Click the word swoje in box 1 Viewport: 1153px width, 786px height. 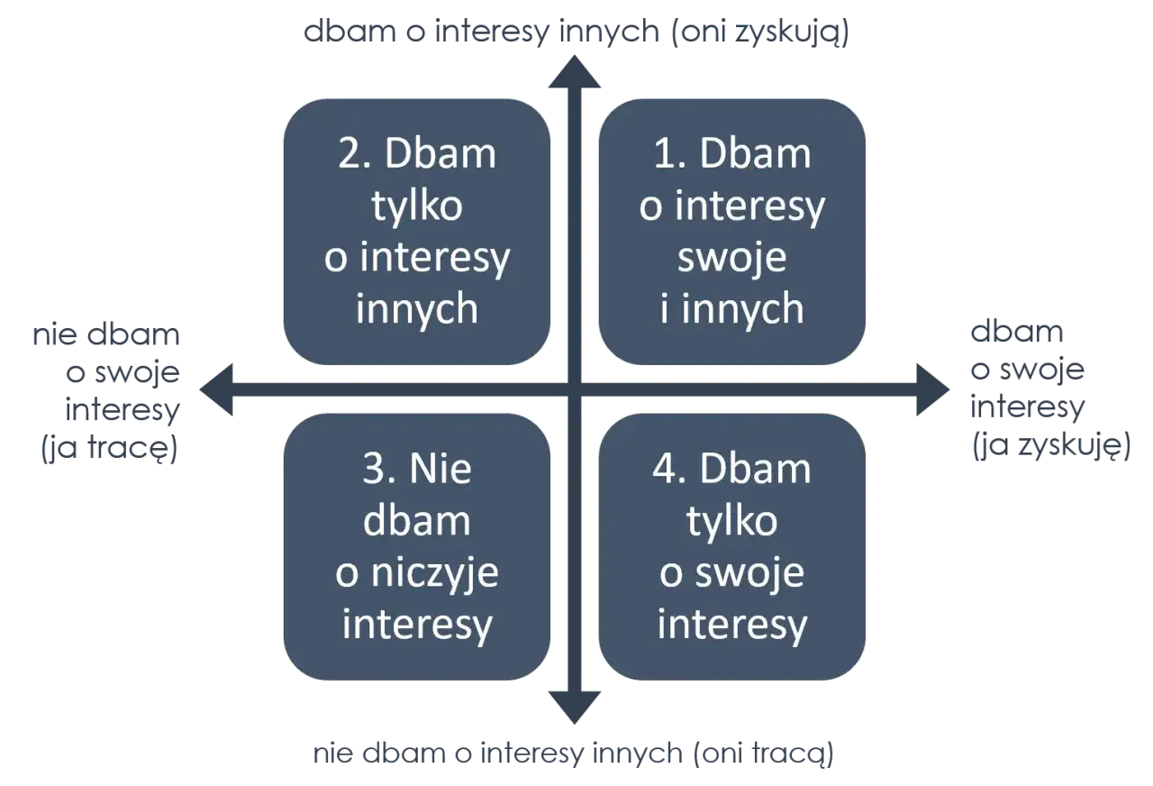pyautogui.click(x=731, y=258)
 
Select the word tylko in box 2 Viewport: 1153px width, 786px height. pyautogui.click(x=417, y=206)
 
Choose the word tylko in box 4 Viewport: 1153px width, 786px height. pyautogui.click(x=731, y=522)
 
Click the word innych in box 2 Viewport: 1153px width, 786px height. pyautogui.click(x=416, y=309)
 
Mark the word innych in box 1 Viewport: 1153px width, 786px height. pyautogui.click(x=744, y=309)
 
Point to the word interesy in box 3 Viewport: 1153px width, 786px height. pyautogui.click(x=417, y=625)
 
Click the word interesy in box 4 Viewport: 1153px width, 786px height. pyautogui.click(x=731, y=625)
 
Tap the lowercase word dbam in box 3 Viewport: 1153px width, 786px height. pyautogui.click(x=417, y=522)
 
